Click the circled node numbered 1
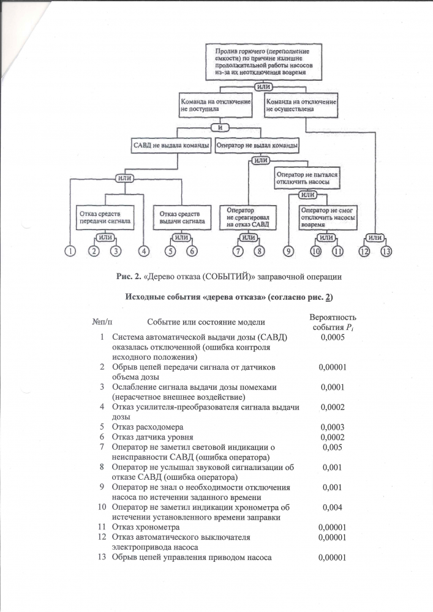click(x=70, y=250)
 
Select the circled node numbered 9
click(x=288, y=250)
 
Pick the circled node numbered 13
click(x=386, y=250)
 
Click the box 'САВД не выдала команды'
click(x=171, y=146)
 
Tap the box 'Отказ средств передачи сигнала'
click(x=104, y=217)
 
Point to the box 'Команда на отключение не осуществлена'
click(x=300, y=105)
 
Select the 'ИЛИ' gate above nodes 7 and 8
click(x=248, y=237)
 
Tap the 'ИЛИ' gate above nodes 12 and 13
click(x=376, y=237)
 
